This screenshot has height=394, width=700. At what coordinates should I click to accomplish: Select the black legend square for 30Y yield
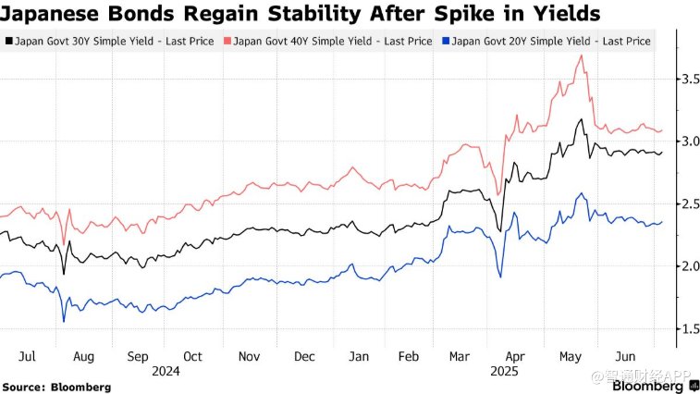[9, 41]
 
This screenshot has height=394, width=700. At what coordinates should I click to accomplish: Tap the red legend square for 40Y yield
[227, 41]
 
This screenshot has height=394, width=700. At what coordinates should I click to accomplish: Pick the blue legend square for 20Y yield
[446, 41]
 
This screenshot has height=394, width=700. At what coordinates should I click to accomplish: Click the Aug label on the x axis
[84, 355]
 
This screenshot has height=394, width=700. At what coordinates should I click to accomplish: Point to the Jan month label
[359, 355]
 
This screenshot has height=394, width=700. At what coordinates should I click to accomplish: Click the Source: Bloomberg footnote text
[56, 387]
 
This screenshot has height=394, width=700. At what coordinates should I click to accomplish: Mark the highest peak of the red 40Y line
[581, 55]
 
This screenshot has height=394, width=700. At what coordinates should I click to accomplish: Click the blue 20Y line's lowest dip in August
[64, 321]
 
